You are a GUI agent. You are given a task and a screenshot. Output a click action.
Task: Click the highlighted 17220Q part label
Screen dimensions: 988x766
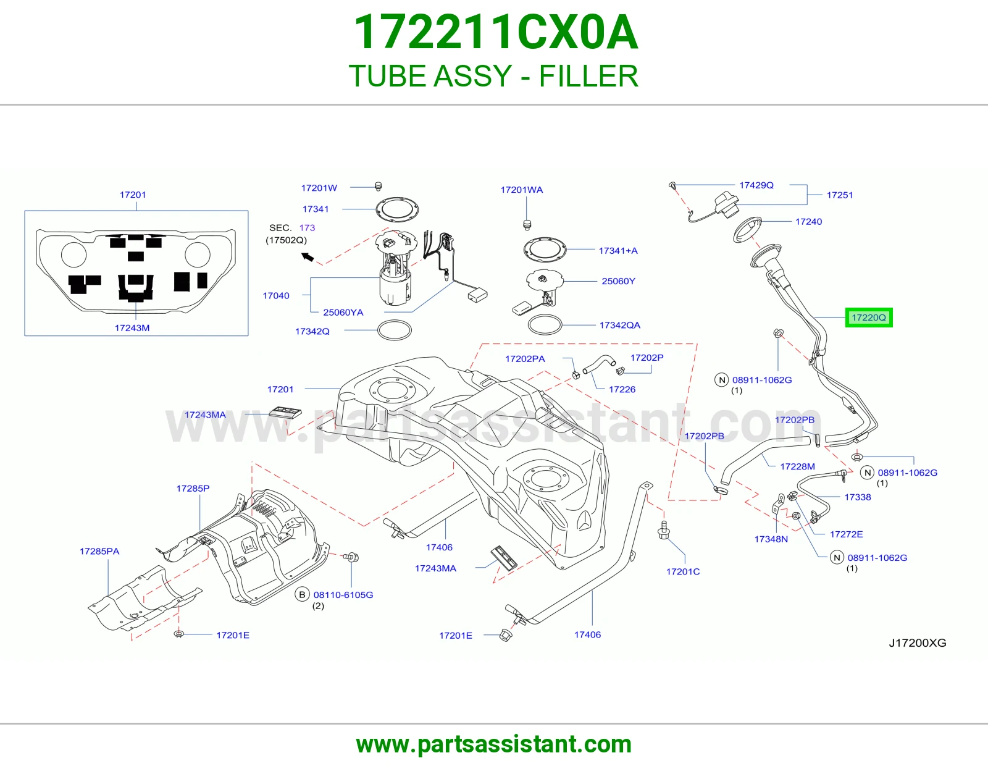[868, 318]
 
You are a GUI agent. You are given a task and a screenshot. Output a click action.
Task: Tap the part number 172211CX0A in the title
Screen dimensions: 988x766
[496, 32]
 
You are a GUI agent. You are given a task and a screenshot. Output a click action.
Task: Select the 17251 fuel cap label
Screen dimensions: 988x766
[839, 195]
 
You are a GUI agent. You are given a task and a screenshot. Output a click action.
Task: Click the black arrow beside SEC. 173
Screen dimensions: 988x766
[308, 257]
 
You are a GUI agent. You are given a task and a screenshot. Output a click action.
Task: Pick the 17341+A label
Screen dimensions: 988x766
[618, 251]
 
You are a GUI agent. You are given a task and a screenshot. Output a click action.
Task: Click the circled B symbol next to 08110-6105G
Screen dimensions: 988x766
[302, 594]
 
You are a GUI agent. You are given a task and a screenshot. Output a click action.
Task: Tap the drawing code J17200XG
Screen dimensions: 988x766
[918, 642]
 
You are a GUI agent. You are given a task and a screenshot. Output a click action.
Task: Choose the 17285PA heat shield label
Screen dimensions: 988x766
[99, 551]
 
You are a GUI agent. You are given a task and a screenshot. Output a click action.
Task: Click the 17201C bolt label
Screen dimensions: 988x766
[683, 571]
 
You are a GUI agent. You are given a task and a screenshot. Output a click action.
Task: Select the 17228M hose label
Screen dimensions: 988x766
[797, 466]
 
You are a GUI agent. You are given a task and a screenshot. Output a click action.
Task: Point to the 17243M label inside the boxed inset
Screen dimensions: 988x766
[132, 328]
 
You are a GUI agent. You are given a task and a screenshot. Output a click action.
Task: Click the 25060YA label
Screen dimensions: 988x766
[343, 313]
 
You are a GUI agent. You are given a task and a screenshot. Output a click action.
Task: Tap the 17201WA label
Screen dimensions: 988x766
[522, 190]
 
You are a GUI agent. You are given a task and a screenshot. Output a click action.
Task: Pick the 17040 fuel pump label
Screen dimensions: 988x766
[276, 296]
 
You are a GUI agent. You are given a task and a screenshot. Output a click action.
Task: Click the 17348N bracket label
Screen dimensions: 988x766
[771, 539]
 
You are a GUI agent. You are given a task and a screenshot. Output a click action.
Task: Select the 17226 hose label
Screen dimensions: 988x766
[622, 389]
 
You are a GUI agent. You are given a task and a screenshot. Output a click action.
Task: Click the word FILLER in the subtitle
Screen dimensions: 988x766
[589, 76]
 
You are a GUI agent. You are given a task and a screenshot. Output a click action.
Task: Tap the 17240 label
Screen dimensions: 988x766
[808, 222]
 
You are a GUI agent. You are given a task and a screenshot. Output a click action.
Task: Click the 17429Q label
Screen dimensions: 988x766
[756, 185]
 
